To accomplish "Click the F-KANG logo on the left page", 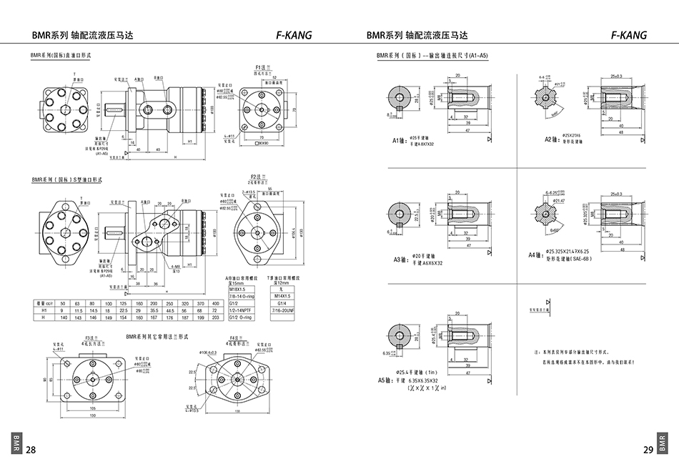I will pos(294,35).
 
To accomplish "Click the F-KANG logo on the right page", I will pos(629,35).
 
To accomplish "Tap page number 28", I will pos(31,450).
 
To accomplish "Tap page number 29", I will pos(648,450).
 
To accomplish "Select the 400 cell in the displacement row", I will pos(217,304).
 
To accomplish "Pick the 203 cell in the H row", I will pos(217,317).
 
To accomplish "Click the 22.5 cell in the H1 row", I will pos(123,310).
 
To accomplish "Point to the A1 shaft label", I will pos(399,141).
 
